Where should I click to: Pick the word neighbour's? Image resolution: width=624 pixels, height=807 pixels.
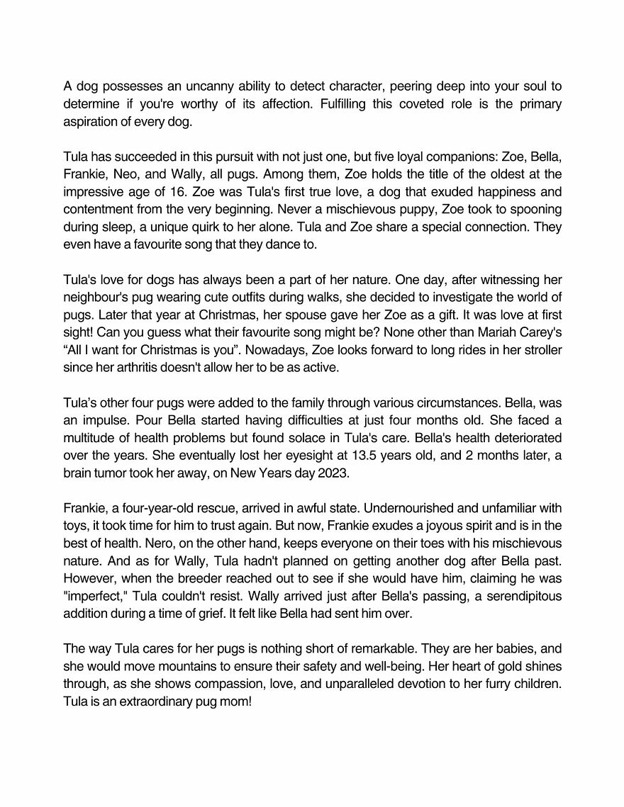[x=95, y=296]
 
